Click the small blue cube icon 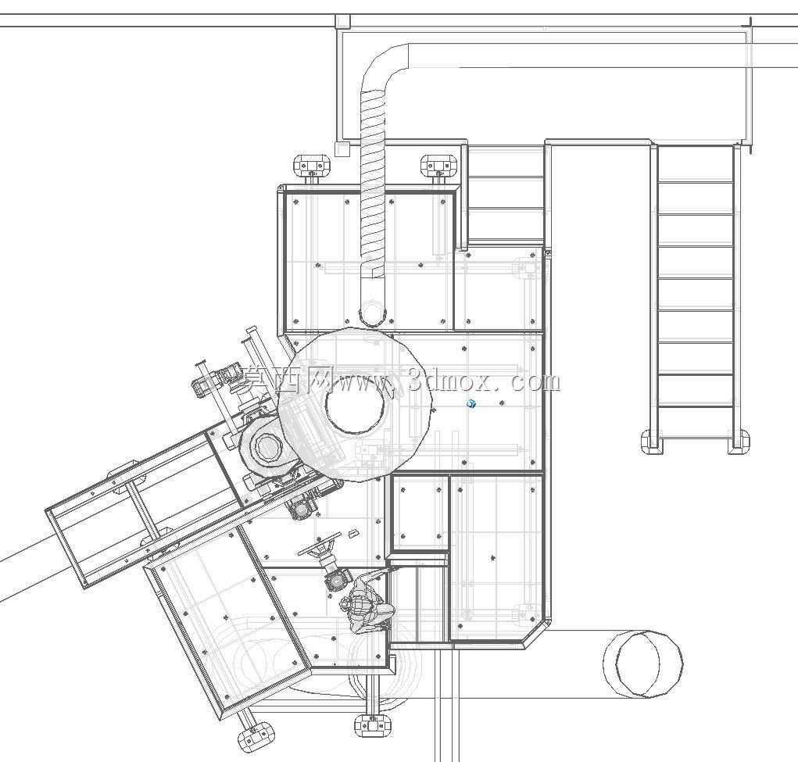click(x=471, y=404)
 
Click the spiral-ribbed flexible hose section click(x=373, y=182)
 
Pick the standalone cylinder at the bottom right click(x=642, y=664)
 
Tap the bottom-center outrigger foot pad click(x=374, y=724)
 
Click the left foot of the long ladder click(x=652, y=442)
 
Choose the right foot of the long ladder click(x=738, y=442)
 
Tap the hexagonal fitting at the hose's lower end click(x=373, y=313)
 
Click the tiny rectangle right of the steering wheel click(x=353, y=534)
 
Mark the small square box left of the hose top click(x=342, y=149)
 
